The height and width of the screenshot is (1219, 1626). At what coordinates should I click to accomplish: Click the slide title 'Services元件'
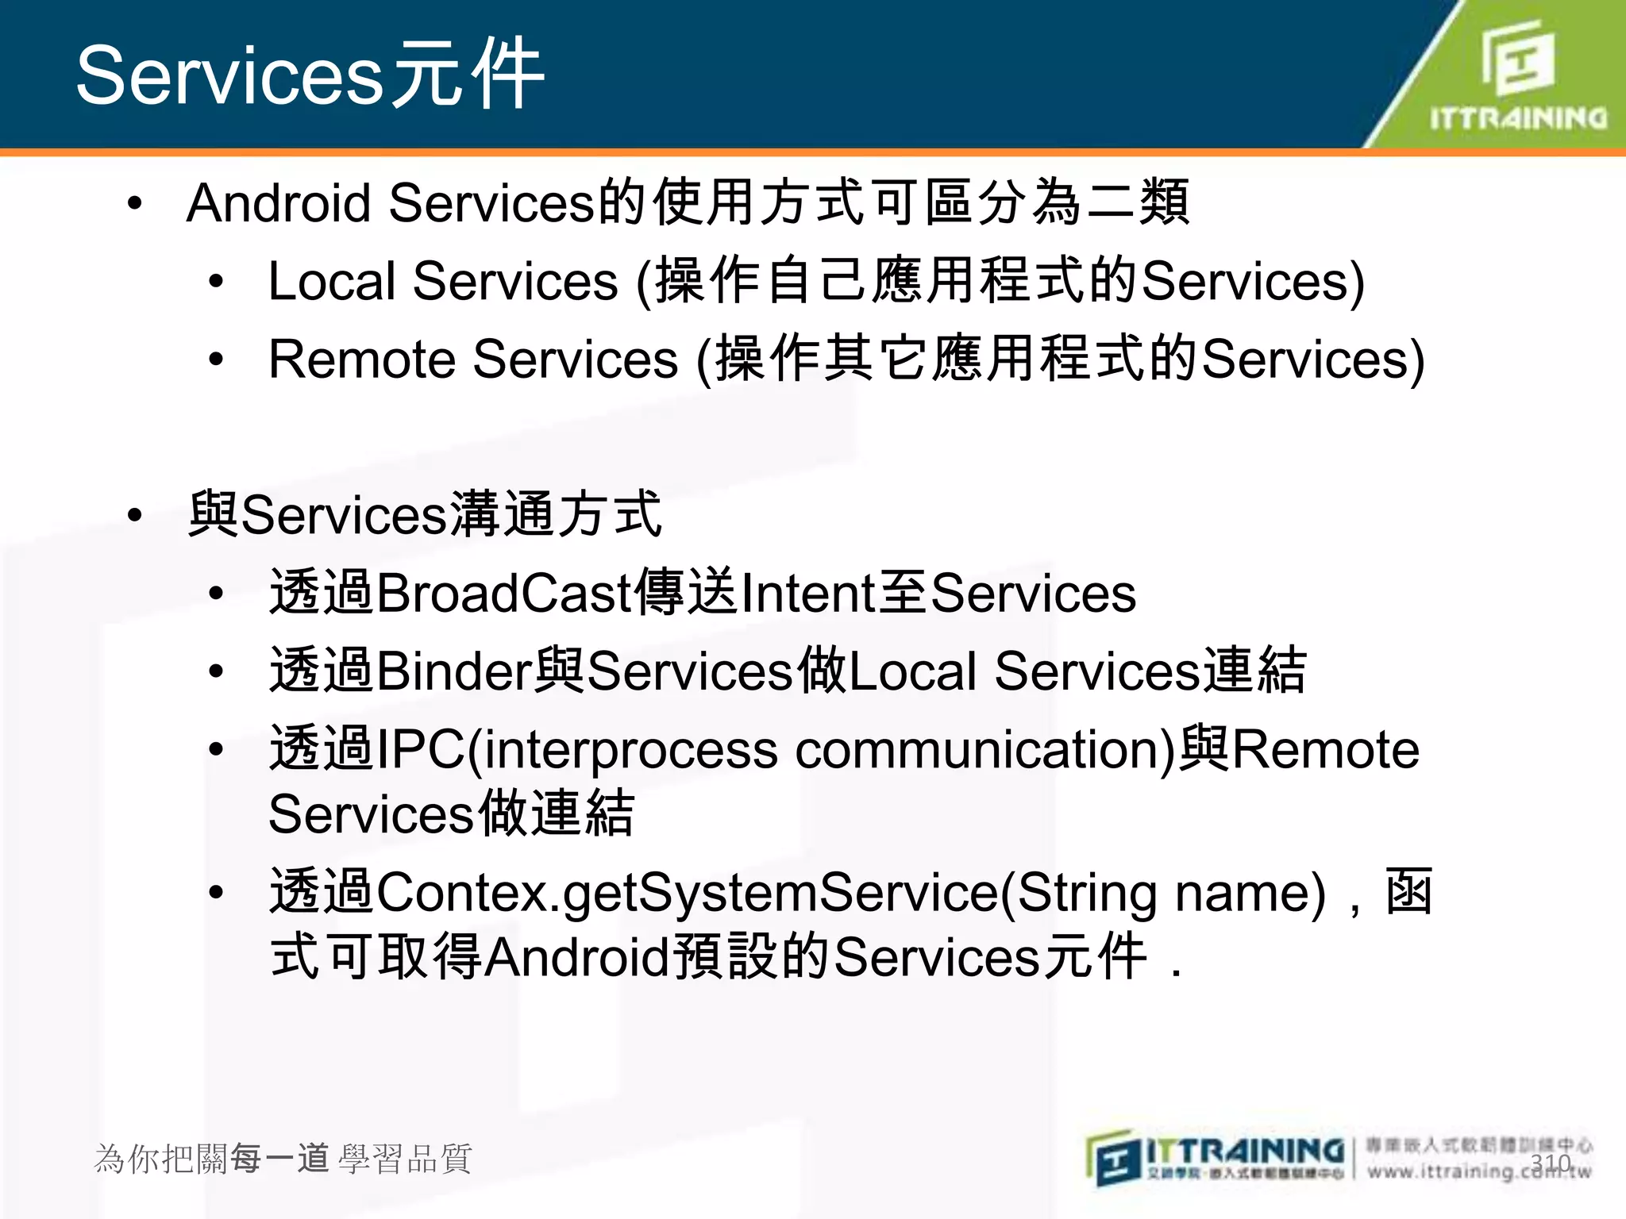tap(310, 75)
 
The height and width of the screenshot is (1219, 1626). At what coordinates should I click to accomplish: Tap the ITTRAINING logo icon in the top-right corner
tap(1517, 60)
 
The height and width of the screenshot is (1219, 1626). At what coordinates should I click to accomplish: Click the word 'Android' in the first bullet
tap(279, 203)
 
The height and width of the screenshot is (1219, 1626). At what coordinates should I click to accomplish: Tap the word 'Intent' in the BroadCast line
tap(807, 594)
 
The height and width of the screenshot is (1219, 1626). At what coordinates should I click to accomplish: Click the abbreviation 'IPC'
tap(421, 749)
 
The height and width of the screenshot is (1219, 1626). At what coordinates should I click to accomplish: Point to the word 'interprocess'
tap(630, 751)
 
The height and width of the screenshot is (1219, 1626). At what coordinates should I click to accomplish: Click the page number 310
tap(1551, 1163)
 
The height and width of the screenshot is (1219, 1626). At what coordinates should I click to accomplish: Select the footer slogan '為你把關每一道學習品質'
tap(283, 1159)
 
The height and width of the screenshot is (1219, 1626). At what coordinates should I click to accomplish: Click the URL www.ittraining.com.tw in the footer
tap(1478, 1171)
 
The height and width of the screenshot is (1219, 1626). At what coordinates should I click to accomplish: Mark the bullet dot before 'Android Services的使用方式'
tap(135, 204)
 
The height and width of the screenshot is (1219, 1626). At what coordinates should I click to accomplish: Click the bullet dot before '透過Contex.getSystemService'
tap(216, 894)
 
